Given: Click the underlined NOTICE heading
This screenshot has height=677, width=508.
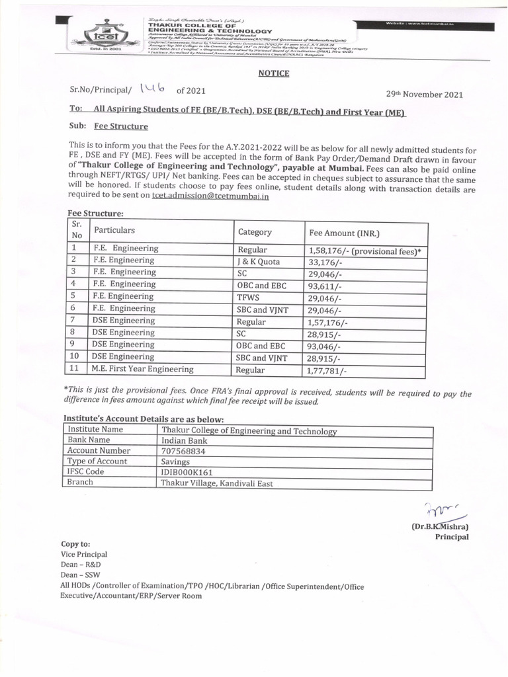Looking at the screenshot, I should coord(273,73).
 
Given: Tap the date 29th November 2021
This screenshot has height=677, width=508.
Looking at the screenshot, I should coord(424,95).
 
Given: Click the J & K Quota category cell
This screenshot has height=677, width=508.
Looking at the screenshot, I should coord(259,261).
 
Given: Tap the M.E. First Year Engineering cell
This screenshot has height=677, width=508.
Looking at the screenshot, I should coord(143,369).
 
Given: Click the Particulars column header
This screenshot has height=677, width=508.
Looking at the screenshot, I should coord(114,230).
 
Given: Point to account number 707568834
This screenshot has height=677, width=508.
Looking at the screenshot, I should coord(183,451).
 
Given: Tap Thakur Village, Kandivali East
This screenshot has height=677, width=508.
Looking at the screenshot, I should coord(217,483).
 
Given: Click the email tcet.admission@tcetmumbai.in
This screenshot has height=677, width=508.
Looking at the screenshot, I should coord(210,196).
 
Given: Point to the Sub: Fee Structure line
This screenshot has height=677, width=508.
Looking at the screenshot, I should coord(108,126).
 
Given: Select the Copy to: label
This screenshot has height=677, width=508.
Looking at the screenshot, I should coord(76,543).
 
